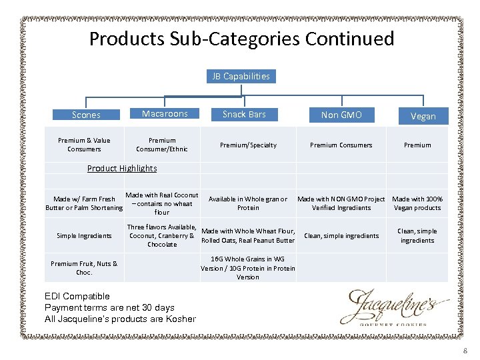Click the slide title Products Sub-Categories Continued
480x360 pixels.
tap(241, 39)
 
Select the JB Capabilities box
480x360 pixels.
tap(241, 76)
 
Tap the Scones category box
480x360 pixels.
tap(86, 115)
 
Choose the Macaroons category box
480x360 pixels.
tap(165, 114)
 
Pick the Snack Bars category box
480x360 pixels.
tap(244, 115)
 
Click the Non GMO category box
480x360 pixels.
tap(341, 115)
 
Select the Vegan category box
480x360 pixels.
tap(423, 116)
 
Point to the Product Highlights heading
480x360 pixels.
tap(122, 168)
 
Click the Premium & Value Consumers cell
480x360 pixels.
tap(84, 145)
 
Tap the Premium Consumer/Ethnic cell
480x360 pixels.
tap(162, 145)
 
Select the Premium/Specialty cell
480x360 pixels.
tap(248, 145)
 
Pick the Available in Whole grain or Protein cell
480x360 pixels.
tap(248, 203)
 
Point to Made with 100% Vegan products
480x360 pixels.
tap(417, 203)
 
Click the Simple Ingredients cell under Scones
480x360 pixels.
tap(84, 235)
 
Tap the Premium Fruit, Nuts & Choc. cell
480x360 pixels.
tap(84, 268)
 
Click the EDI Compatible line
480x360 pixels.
tap(77, 296)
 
